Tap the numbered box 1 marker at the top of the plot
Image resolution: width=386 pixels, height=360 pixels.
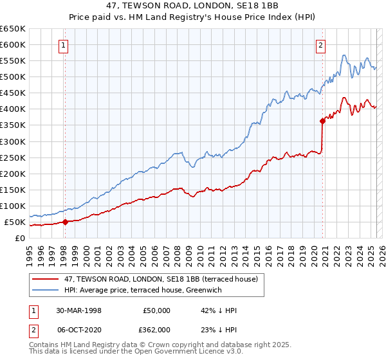pos(64,45)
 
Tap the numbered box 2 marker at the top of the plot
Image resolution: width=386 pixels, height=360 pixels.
pos(320,45)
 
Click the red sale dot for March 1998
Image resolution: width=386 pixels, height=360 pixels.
pos(65,222)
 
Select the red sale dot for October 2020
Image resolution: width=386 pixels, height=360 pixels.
pos(322,120)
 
